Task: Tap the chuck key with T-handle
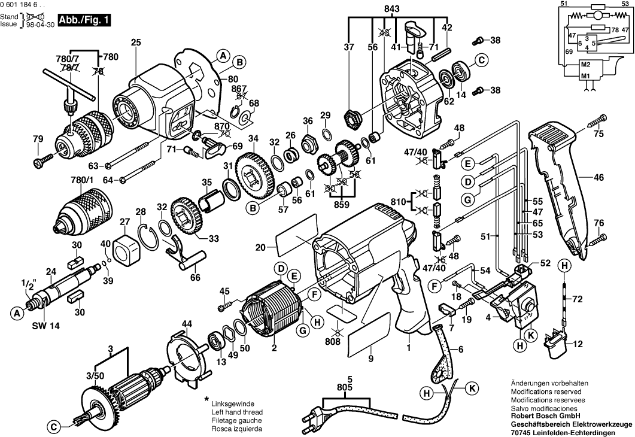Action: pos(69,90)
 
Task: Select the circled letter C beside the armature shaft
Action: pos(53,427)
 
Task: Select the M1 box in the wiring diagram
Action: pos(585,76)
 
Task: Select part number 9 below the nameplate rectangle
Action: pos(370,359)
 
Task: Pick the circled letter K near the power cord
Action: pos(472,387)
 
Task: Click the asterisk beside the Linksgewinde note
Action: pos(206,399)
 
